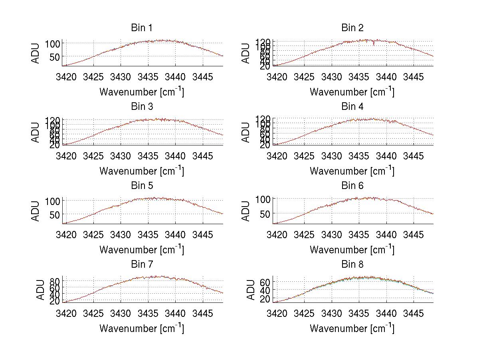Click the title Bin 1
click(x=142, y=28)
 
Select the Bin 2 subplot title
click(x=352, y=28)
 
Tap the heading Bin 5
click(x=142, y=186)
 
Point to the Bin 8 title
click(x=352, y=265)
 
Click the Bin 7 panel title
click(x=142, y=265)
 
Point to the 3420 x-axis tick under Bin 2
click(x=277, y=76)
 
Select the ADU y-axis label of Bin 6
click(x=246, y=211)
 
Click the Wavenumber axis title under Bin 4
click(x=352, y=171)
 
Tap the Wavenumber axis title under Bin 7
click(x=142, y=328)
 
